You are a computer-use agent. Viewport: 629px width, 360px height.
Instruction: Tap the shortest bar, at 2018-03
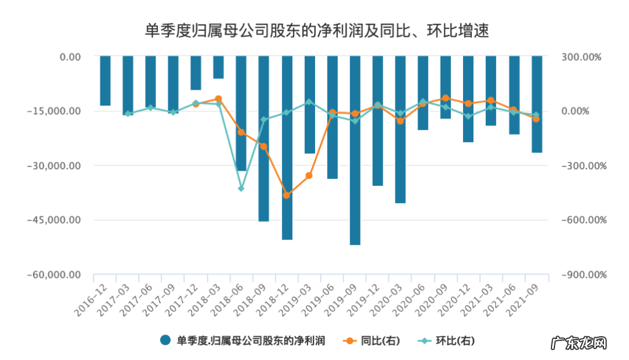[x=218, y=67]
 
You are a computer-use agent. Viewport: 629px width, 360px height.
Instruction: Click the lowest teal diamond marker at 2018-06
[x=241, y=189]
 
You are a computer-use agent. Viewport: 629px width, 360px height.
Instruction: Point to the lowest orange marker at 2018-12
[x=287, y=195]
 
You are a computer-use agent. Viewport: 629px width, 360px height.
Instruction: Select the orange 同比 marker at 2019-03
[x=309, y=175]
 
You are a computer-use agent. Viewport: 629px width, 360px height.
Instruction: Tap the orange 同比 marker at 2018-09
[x=264, y=146]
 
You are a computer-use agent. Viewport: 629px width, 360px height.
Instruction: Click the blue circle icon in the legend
[x=165, y=341]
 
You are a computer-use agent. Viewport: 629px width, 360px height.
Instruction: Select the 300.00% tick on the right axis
[x=581, y=57]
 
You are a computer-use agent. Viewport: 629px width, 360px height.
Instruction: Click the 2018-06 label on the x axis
[x=224, y=300]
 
